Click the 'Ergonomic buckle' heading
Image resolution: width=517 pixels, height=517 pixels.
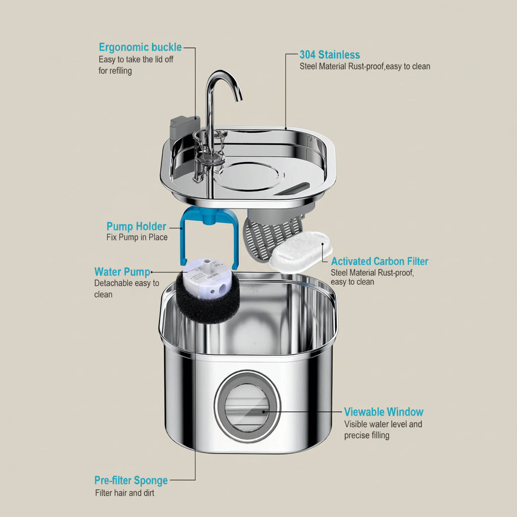click(140, 47)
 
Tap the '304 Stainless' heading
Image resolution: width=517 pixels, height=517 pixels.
click(330, 55)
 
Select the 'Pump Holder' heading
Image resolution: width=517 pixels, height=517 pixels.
click(136, 226)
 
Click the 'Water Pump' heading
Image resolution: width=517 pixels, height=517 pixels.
click(122, 272)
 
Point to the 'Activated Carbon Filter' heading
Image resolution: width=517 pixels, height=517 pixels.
click(379, 261)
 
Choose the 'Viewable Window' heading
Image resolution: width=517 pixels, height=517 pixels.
click(384, 411)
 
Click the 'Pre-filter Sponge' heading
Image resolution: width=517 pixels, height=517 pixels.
click(131, 480)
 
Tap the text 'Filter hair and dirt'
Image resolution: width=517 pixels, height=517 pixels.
click(125, 493)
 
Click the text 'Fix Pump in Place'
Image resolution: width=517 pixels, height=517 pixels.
click(137, 237)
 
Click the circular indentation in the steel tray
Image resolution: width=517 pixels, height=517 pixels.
click(250, 176)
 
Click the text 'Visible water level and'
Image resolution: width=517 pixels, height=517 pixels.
click(383, 424)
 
